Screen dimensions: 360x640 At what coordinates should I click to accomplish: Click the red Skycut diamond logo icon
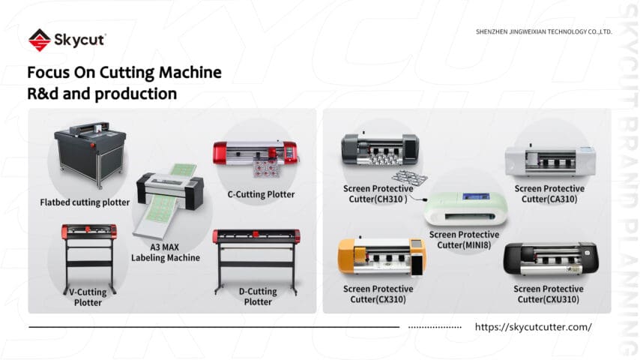[39, 40]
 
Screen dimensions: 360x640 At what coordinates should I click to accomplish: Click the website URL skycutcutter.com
[533, 327]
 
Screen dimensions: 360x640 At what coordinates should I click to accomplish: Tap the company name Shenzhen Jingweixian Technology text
[544, 31]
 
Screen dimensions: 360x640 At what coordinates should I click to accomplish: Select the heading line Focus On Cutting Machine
[124, 73]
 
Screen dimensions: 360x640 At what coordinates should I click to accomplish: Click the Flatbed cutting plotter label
[85, 202]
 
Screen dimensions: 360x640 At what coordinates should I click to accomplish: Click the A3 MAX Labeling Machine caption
[166, 252]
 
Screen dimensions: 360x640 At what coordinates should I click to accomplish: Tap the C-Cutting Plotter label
[261, 194]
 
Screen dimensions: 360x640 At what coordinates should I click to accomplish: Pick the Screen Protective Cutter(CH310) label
[378, 193]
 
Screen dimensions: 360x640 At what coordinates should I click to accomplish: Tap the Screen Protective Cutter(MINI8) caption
[465, 240]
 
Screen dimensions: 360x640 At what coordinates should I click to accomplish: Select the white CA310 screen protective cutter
[549, 159]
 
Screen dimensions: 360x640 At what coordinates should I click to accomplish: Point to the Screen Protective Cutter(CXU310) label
[549, 294]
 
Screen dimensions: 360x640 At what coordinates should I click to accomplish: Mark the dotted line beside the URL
[436, 328]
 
